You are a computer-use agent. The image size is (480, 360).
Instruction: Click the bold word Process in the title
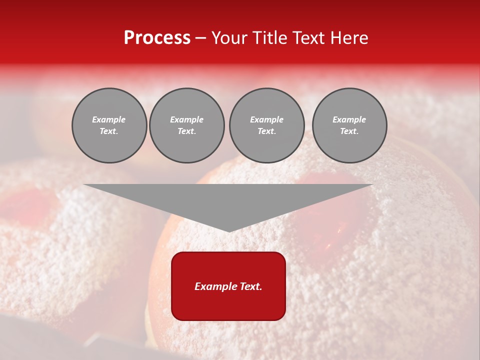pyautogui.click(x=157, y=38)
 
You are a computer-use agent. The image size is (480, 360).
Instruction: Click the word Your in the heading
pyautogui.click(x=229, y=38)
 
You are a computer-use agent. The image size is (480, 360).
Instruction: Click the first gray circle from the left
pyautogui.click(x=109, y=125)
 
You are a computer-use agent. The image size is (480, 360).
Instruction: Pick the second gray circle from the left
pyautogui.click(x=187, y=125)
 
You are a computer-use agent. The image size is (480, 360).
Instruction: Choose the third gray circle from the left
pyautogui.click(x=266, y=125)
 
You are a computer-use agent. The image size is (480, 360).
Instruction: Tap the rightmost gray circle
pyautogui.click(x=349, y=125)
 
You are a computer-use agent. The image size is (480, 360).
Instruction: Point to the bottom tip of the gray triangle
pyautogui.click(x=229, y=231)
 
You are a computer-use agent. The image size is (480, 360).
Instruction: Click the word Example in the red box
pyautogui.click(x=215, y=286)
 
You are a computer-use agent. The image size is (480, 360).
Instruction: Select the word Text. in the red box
pyautogui.click(x=250, y=286)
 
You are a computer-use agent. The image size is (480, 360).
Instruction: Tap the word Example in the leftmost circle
pyautogui.click(x=109, y=119)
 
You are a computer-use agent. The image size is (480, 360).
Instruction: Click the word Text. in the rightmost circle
pyautogui.click(x=349, y=131)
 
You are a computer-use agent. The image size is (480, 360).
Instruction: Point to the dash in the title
pyautogui.click(x=201, y=38)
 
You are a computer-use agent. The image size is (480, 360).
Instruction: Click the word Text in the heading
pyautogui.click(x=307, y=38)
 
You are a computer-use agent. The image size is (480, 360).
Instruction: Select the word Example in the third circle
pyautogui.click(x=266, y=119)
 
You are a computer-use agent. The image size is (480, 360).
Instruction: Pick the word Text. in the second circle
pyautogui.click(x=187, y=131)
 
